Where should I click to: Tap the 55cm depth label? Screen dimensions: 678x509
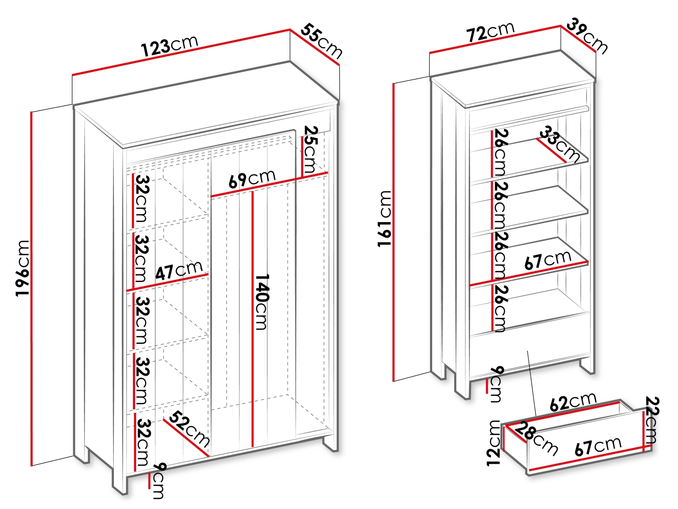click(x=322, y=41)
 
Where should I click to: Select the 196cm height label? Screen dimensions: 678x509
click(x=22, y=269)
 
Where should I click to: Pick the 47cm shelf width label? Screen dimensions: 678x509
click(x=179, y=270)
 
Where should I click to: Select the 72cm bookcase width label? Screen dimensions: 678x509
click(x=490, y=32)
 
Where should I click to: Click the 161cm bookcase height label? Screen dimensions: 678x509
click(x=384, y=218)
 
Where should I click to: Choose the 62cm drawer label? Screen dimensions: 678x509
click(x=573, y=401)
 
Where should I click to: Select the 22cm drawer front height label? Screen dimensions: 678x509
click(x=652, y=420)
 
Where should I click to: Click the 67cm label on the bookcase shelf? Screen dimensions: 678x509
click(x=548, y=260)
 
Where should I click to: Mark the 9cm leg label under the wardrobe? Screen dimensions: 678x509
click(x=158, y=481)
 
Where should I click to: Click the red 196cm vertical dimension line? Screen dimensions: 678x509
click(x=31, y=289)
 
